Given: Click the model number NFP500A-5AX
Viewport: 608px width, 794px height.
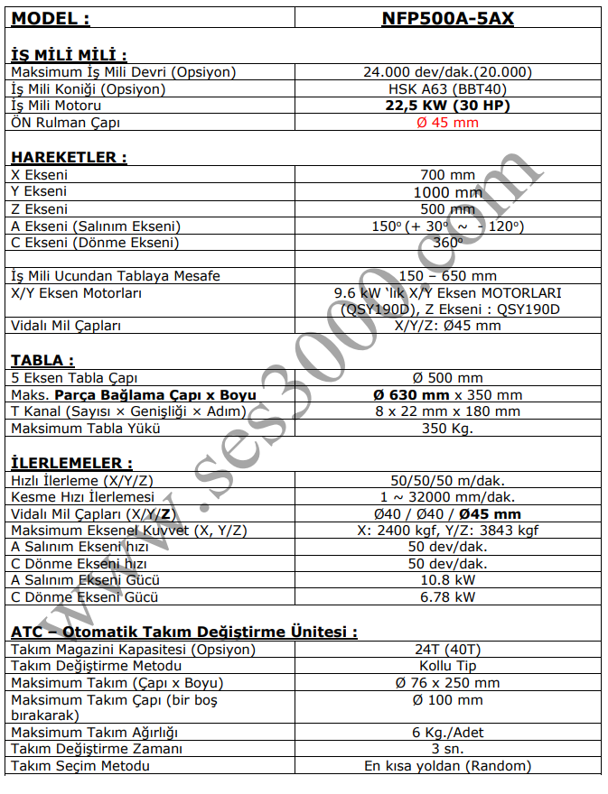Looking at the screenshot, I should [447, 17].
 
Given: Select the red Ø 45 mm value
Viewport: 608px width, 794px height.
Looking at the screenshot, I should [447, 123].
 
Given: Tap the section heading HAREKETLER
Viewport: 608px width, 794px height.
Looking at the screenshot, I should [68, 157].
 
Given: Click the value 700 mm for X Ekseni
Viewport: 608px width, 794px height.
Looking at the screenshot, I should [447, 175].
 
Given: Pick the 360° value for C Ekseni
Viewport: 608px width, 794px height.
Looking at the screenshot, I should [447, 243].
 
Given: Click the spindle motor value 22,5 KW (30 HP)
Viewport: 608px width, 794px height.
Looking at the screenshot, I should [447, 106].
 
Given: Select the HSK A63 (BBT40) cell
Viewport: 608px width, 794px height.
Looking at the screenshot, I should [447, 89].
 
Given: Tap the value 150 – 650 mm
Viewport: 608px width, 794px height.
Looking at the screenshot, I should [447, 276].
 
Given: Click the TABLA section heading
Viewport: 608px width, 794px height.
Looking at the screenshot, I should [42, 361].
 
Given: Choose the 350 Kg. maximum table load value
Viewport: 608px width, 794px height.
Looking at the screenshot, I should [447, 428].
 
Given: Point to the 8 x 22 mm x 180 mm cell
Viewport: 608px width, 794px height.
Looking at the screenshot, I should [447, 411].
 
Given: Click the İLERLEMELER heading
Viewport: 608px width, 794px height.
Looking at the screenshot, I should [71, 463].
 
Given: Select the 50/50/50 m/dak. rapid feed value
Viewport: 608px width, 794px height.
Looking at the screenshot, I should [447, 480].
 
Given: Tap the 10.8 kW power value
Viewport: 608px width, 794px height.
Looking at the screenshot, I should [447, 581].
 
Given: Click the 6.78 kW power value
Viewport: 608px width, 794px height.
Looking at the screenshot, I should [447, 597].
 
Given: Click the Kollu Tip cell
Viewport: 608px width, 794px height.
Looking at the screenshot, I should [447, 666].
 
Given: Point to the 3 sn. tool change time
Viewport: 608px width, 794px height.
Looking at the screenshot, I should [447, 749].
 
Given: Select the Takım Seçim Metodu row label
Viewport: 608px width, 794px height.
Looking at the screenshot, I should [80, 766].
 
